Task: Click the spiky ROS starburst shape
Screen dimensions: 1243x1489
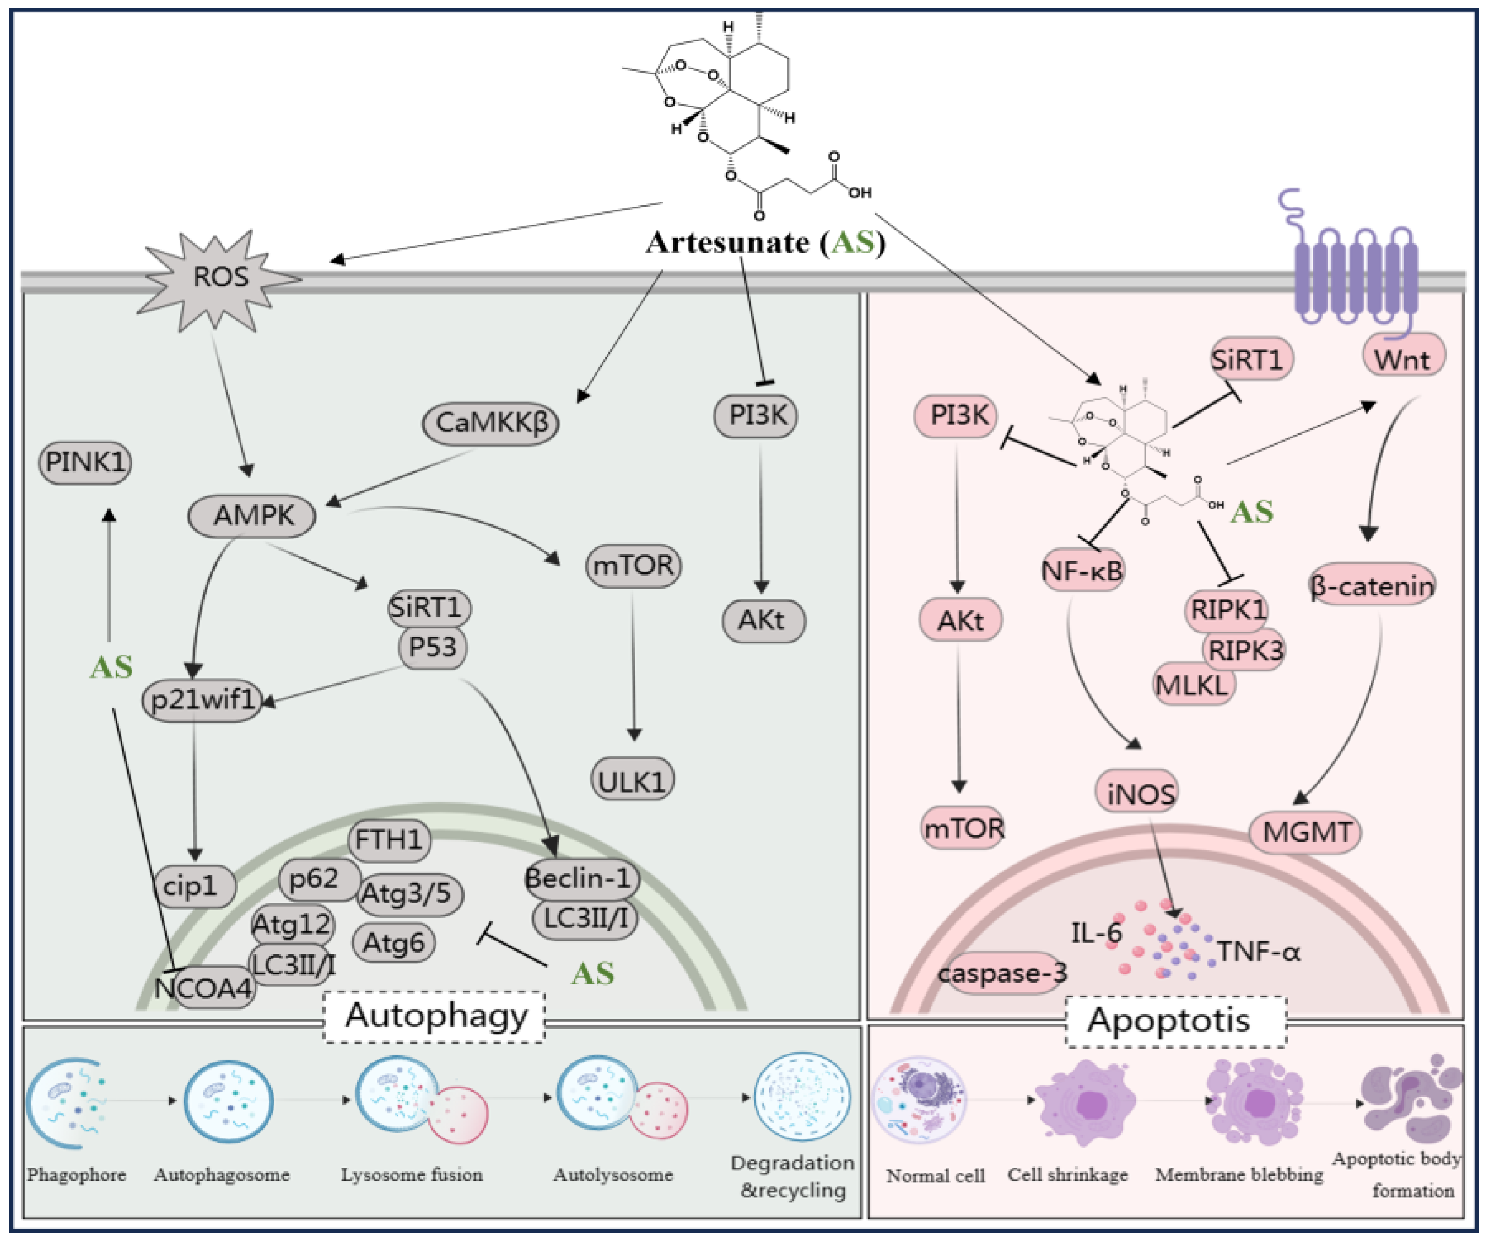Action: pyautogui.click(x=220, y=278)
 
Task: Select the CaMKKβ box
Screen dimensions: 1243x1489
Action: pyautogui.click(x=490, y=423)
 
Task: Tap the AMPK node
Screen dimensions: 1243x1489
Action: pyautogui.click(x=252, y=515)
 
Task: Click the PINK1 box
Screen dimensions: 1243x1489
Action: pyautogui.click(x=85, y=463)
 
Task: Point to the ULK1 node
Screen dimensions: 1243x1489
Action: pyautogui.click(x=632, y=781)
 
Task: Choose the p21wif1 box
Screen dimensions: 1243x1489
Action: pyautogui.click(x=202, y=700)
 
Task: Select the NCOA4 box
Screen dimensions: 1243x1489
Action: pyautogui.click(x=204, y=987)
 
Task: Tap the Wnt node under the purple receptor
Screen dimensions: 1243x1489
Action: pyautogui.click(x=1402, y=359)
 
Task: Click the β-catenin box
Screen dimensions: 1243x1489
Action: pyautogui.click(x=1371, y=585)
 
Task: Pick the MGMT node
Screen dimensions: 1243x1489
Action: pyautogui.click(x=1306, y=831)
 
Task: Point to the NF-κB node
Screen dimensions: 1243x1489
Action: pyautogui.click(x=1082, y=570)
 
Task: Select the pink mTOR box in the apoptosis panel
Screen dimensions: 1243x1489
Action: pyautogui.click(x=964, y=828)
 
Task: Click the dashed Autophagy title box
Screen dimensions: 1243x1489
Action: pyautogui.click(x=435, y=1016)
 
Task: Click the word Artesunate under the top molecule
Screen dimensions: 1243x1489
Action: pyautogui.click(x=727, y=242)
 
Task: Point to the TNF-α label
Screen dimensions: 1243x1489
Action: pyautogui.click(x=1259, y=951)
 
